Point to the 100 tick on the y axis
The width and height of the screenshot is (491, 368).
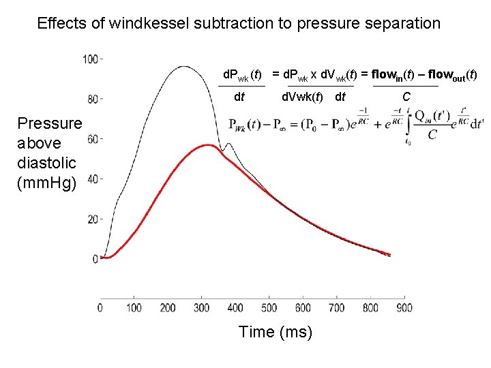(91, 59)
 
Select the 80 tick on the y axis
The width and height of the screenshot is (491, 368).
(93, 99)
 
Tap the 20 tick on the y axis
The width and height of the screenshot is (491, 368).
(93, 219)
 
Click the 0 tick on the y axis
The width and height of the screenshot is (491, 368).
(95, 259)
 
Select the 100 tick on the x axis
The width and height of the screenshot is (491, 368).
(134, 308)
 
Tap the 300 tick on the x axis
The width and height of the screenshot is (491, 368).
(201, 308)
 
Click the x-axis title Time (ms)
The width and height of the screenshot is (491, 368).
(276, 332)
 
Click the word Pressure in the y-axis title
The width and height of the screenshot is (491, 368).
(49, 123)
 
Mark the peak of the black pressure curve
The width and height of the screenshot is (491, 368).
(182, 66)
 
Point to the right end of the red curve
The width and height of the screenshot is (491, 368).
(389, 255)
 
